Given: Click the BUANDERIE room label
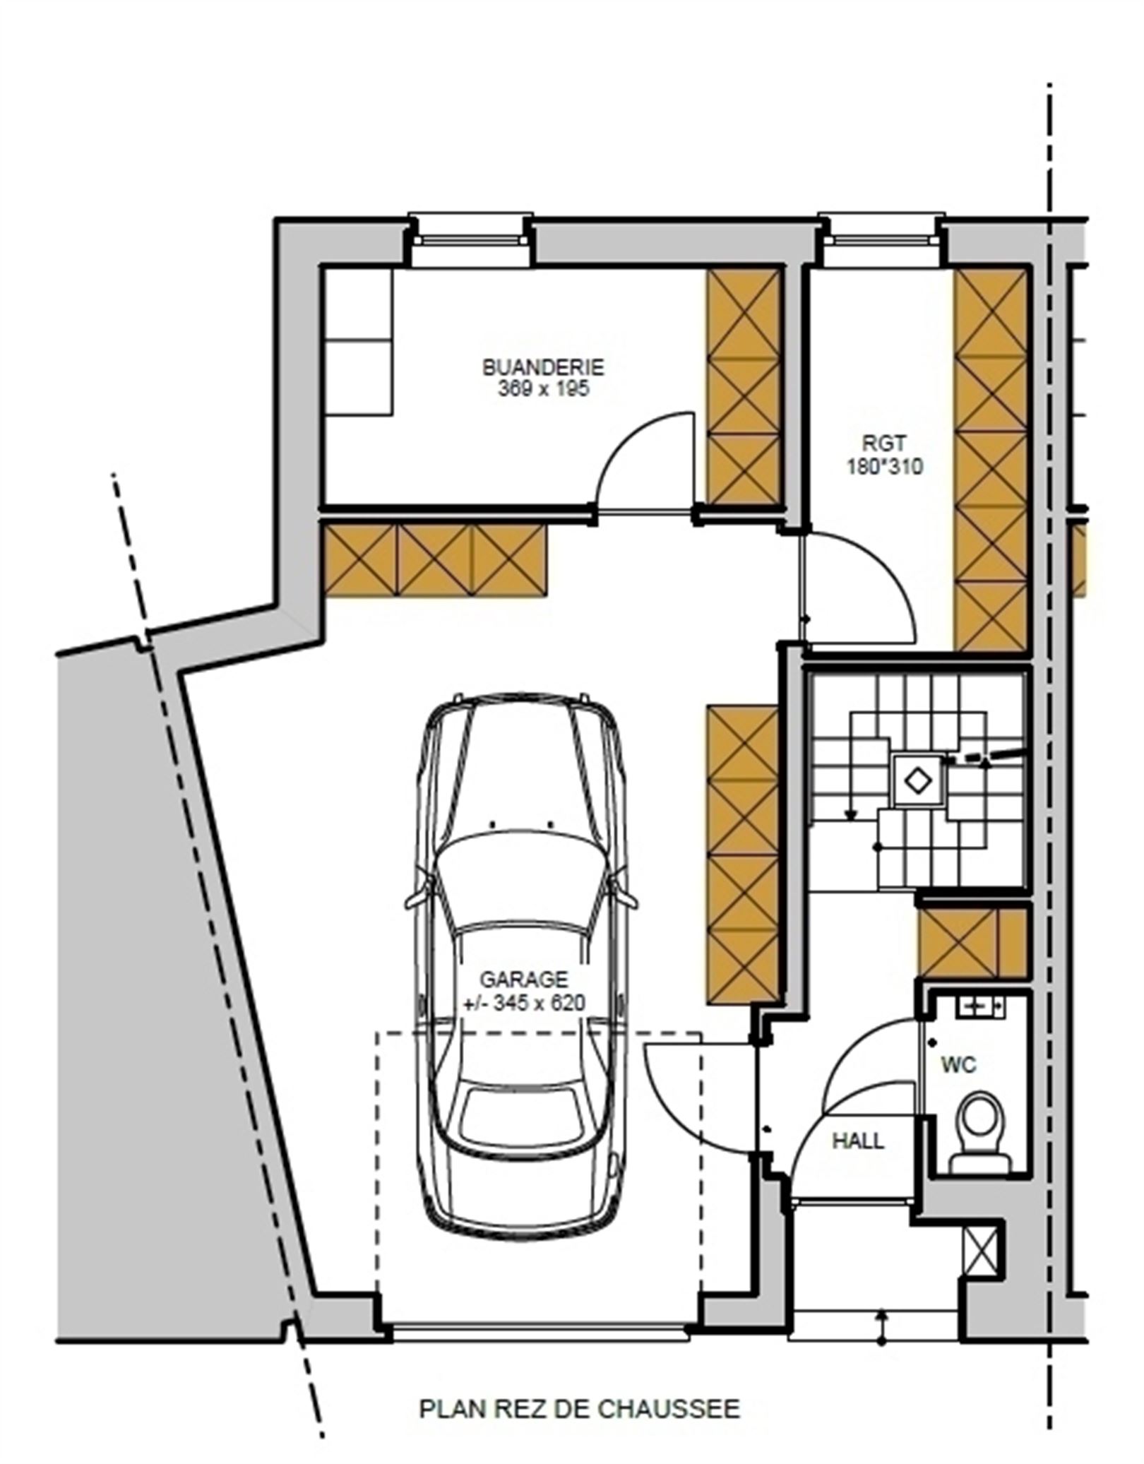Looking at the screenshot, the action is (543, 367).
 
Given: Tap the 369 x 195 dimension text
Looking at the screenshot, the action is (543, 389).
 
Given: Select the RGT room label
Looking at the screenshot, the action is (884, 444).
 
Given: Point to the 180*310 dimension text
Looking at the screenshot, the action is (884, 466).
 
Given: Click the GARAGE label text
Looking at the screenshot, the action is (524, 980).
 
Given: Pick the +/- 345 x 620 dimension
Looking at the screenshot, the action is (524, 1003).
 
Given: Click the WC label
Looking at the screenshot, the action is (958, 1064).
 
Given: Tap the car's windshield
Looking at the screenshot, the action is (523, 864).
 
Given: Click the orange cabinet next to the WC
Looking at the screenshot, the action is (972, 943).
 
